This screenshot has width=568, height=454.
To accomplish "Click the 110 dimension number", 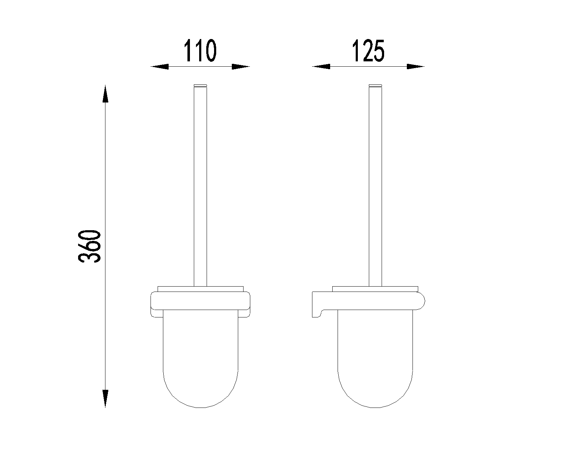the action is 200,51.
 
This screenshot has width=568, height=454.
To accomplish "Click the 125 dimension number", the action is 368,51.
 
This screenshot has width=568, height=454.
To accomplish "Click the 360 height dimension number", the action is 90,247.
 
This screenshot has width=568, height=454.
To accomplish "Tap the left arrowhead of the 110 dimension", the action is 159,66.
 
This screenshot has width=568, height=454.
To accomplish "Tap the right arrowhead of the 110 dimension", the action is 241,66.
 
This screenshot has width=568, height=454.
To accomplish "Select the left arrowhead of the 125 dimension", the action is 321,66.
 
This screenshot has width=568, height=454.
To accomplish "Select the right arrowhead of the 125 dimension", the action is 415,66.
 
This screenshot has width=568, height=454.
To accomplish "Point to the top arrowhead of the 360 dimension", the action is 105,94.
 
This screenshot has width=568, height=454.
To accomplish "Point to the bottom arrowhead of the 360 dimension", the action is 105,399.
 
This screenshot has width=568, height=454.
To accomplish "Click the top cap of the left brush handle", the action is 200,85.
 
